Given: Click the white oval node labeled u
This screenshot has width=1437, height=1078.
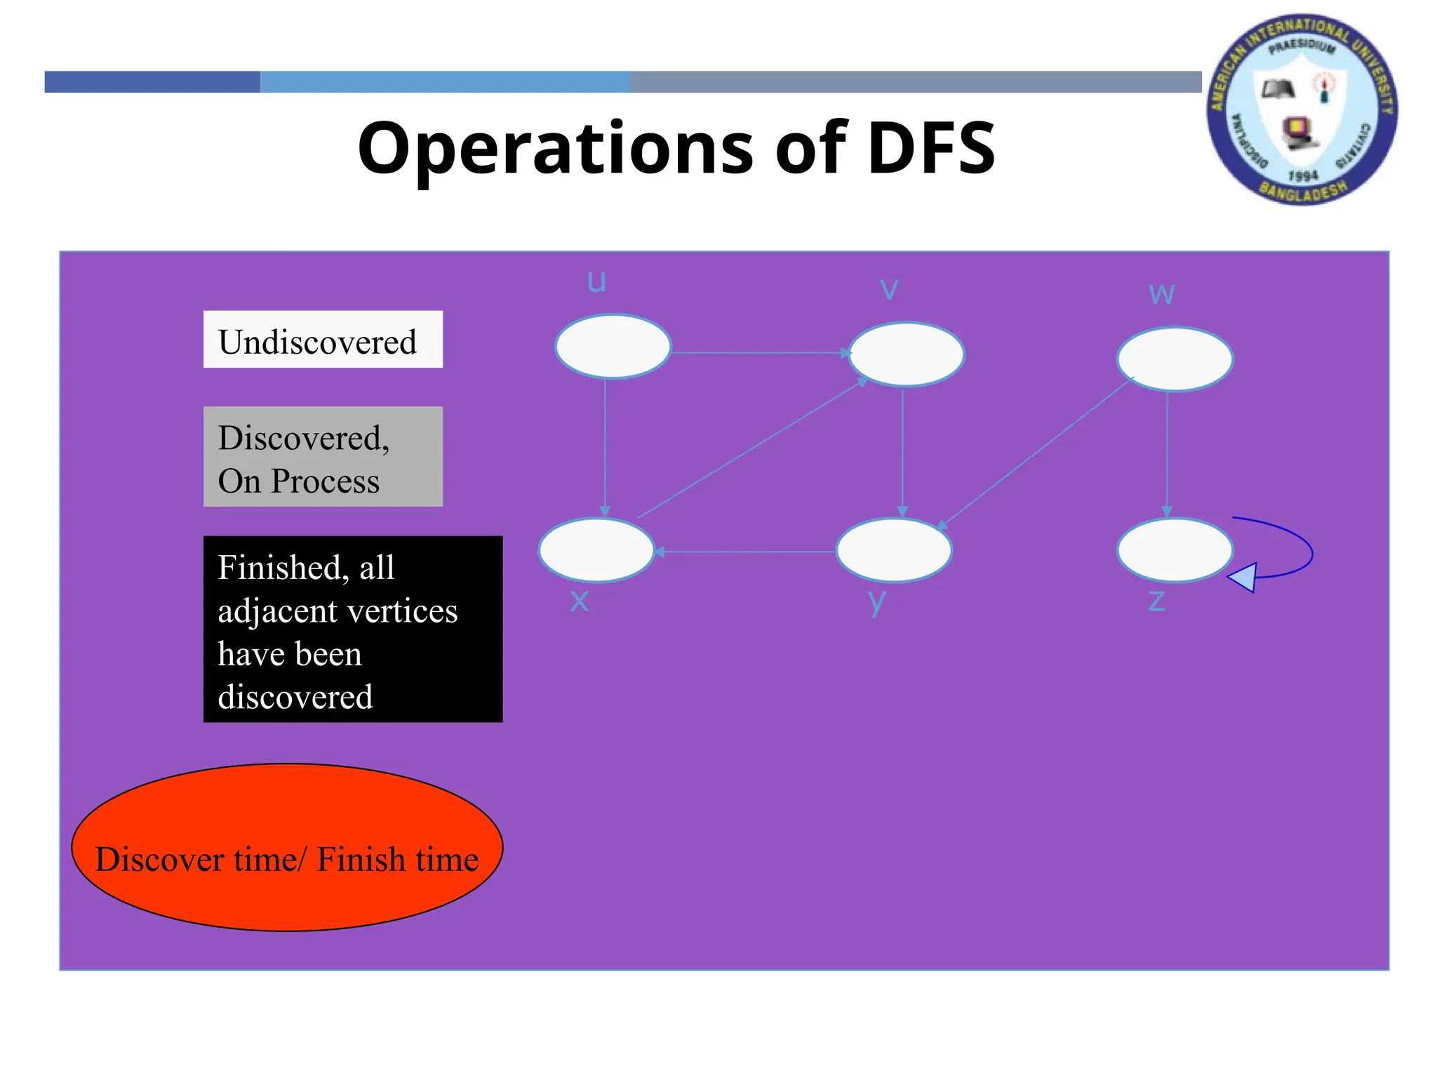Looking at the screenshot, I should pyautogui.click(x=613, y=346).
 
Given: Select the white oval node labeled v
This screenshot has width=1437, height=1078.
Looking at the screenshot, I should pyautogui.click(x=906, y=354).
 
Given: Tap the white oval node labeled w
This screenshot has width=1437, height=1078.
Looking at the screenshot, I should pyautogui.click(x=1175, y=359).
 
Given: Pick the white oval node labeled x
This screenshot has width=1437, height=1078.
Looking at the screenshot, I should pyautogui.click(x=596, y=550).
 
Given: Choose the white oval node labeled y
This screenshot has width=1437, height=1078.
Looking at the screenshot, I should pyautogui.click(x=894, y=550).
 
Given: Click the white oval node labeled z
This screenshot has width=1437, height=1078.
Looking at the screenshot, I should pyautogui.click(x=1175, y=550).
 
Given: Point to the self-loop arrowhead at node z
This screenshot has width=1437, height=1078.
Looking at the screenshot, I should pyautogui.click(x=1243, y=578).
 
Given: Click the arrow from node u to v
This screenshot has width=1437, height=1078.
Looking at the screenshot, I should pyautogui.click(x=758, y=352).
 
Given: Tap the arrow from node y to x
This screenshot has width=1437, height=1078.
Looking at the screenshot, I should pyautogui.click(x=744, y=552).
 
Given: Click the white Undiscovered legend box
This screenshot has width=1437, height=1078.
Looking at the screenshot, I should pyautogui.click(x=323, y=340).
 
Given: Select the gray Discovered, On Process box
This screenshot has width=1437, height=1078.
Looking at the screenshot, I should pyautogui.click(x=323, y=457).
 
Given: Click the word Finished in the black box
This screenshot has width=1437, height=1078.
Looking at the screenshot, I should pyautogui.click(x=279, y=567).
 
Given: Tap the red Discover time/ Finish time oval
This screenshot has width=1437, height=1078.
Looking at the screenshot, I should pyautogui.click(x=287, y=848).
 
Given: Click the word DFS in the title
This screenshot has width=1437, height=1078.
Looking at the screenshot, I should pyautogui.click(x=931, y=148).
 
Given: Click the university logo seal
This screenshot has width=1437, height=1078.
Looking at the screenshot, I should pyautogui.click(x=1302, y=109).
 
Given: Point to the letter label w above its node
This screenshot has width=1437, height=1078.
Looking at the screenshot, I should pyautogui.click(x=1161, y=293).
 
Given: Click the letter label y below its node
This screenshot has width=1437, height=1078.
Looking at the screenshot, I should pyautogui.click(x=877, y=602).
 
